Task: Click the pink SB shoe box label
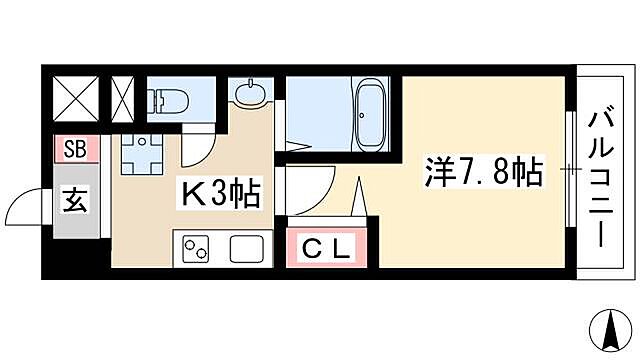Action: coord(73,150)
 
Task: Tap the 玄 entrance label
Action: coord(76,197)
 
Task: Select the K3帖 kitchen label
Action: coord(217,193)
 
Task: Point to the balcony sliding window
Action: coord(570,172)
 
